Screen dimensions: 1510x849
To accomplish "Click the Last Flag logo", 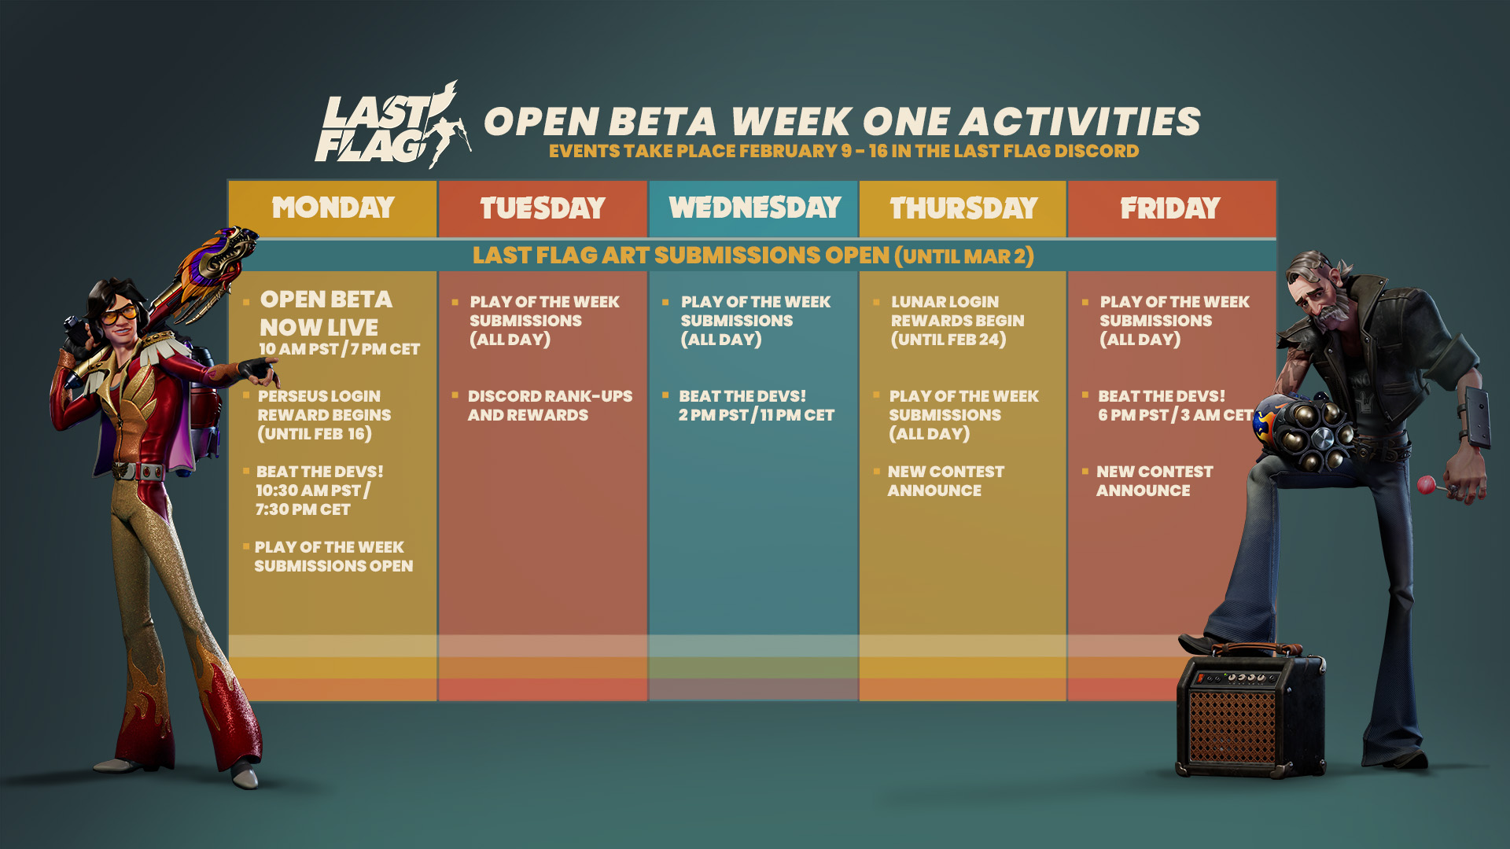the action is [x=392, y=126].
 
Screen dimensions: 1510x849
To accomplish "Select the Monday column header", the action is [x=333, y=208].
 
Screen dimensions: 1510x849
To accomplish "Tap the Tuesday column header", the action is [x=543, y=208].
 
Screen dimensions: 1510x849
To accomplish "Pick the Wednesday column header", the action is [x=754, y=208].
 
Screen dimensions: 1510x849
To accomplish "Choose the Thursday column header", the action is [x=963, y=208].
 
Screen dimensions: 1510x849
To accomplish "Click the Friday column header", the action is [x=1171, y=208].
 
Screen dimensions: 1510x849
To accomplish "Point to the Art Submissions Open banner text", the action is [x=753, y=255].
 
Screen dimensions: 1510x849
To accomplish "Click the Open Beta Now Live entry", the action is [x=339, y=323].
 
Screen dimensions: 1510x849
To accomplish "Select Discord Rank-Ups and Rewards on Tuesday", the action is [x=550, y=406].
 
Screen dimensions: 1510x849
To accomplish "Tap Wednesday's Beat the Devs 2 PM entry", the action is [x=757, y=406].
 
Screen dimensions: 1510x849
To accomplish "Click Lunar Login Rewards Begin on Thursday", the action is [x=957, y=321].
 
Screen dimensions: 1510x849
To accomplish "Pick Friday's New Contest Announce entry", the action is [x=1155, y=481].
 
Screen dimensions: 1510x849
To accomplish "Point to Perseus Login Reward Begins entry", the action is [x=324, y=415].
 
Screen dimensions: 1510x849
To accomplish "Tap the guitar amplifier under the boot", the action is [x=1250, y=711].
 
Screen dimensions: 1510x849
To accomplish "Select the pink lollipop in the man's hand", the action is [x=1426, y=485].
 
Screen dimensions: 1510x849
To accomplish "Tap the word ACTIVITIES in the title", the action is [x=1080, y=122].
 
